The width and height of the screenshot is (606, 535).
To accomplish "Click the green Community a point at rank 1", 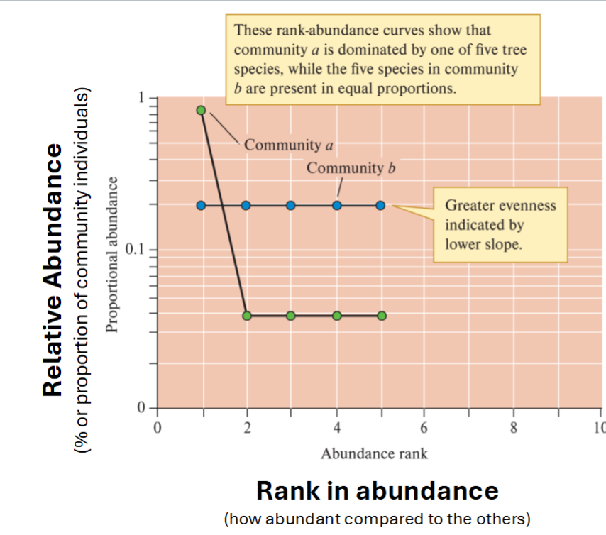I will [x=201, y=110].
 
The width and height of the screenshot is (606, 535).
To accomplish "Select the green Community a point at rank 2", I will [x=246, y=316].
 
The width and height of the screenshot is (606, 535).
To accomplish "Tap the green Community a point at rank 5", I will [x=382, y=316].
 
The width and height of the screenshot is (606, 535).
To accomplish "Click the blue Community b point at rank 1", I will [x=201, y=205].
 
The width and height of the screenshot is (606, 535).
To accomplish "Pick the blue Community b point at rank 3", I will [x=291, y=205].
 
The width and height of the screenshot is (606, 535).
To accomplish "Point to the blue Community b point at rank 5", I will [x=381, y=205].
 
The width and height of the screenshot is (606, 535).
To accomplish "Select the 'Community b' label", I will [x=350, y=168].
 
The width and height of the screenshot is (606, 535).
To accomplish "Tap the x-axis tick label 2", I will [x=246, y=428].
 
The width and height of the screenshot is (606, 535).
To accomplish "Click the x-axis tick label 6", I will [x=424, y=428].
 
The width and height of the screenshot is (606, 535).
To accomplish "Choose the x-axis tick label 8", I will [x=514, y=428].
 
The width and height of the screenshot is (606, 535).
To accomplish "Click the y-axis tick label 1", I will [x=141, y=98].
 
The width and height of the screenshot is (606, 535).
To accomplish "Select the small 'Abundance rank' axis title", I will [x=374, y=453].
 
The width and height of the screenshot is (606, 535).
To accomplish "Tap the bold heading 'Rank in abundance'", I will [x=377, y=490].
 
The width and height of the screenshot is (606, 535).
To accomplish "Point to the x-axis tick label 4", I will [x=336, y=428].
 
